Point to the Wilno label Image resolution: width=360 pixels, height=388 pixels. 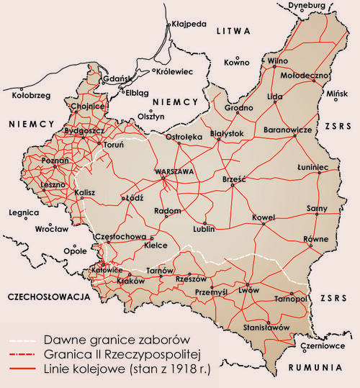click(x=277, y=61)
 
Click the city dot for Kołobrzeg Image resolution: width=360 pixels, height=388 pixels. click(x=30, y=85)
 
